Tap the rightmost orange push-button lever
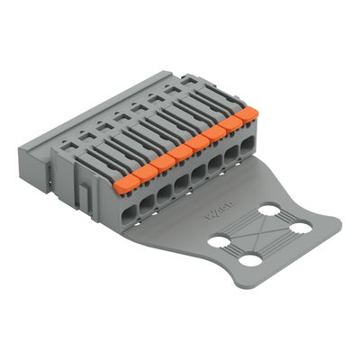coord(247,113)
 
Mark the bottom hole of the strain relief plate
coord(251,261)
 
